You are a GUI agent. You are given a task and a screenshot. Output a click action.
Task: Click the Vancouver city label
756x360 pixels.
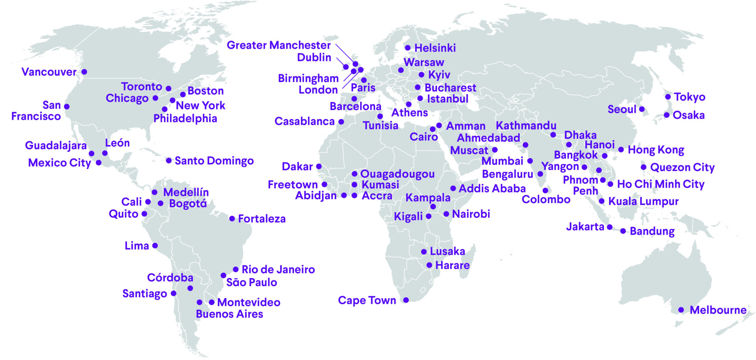pyautogui.click(x=49, y=72)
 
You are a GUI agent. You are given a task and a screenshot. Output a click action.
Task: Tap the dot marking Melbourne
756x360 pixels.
pyautogui.click(x=681, y=310)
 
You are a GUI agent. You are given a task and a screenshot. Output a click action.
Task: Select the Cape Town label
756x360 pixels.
pyautogui.click(x=367, y=301)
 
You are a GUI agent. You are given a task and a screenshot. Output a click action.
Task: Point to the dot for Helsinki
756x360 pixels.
pyautogui.click(x=408, y=48)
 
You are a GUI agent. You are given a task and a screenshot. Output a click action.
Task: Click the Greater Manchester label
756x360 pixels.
pyautogui.click(x=279, y=45)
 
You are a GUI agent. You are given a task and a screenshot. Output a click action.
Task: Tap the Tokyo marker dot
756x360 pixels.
pyautogui.click(x=668, y=97)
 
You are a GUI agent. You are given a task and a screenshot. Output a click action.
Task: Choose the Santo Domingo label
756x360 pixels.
pyautogui.click(x=214, y=161)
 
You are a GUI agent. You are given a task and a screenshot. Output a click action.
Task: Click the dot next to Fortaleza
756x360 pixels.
pyautogui.click(x=232, y=219)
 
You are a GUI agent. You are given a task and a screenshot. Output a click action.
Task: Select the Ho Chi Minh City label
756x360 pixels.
pyautogui.click(x=661, y=184)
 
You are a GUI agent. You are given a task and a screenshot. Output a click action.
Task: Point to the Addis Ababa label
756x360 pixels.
pyautogui.click(x=492, y=189)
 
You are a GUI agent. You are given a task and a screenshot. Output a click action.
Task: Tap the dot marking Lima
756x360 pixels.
pyautogui.click(x=155, y=246)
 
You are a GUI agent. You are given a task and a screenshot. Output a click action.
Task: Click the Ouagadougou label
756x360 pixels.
pyautogui.click(x=397, y=174)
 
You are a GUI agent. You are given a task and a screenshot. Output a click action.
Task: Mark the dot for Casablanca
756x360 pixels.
pyautogui.click(x=341, y=121)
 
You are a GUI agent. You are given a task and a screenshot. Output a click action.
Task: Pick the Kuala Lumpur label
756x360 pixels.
pyautogui.click(x=643, y=202)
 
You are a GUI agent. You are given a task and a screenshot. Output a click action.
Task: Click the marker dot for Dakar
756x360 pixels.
pyautogui.click(x=319, y=167)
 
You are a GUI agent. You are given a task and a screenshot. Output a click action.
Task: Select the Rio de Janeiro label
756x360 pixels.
pyautogui.click(x=278, y=270)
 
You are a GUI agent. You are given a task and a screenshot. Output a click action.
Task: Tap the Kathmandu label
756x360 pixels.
pyautogui.click(x=526, y=126)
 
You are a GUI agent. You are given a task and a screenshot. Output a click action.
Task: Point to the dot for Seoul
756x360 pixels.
pyautogui.click(x=642, y=109)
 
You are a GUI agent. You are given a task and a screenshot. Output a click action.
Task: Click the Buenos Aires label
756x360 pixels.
pyautogui.click(x=229, y=314)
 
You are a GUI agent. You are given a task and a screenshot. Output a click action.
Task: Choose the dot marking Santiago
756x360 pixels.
pyautogui.click(x=173, y=294)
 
